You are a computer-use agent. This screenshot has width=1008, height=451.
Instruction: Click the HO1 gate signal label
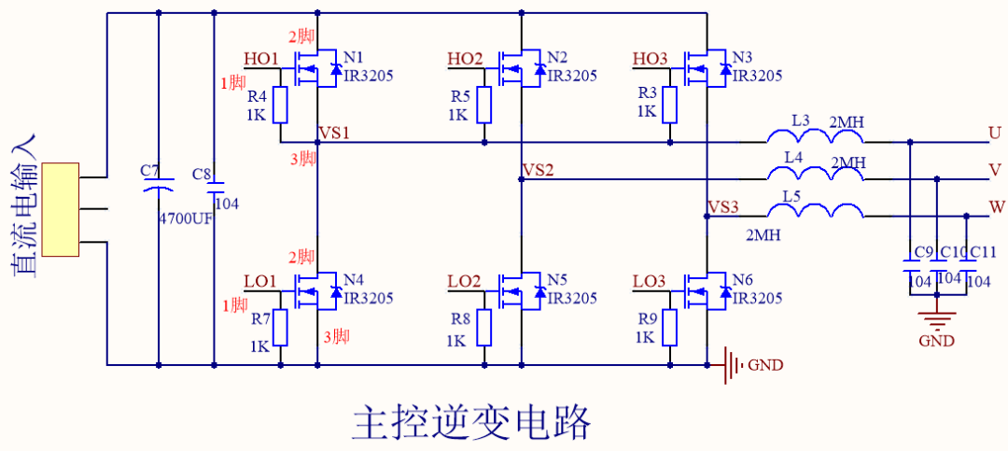261,60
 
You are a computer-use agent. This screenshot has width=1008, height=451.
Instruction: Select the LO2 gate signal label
464,281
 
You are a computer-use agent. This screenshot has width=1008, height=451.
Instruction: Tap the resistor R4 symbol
280,105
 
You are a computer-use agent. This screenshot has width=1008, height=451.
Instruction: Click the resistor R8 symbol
483,326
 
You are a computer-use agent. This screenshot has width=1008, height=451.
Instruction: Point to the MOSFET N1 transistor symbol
315,69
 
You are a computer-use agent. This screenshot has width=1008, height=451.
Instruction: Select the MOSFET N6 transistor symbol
705,291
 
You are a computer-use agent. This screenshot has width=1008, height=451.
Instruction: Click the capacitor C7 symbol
159,190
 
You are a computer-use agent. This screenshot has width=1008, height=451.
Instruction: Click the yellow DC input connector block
60,209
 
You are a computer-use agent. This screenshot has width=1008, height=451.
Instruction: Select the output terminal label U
994,134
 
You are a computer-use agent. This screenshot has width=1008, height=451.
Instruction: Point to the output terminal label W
995,206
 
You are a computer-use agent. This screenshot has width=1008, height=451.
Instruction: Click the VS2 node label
538,171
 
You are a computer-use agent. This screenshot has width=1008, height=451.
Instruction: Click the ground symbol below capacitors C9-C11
936,316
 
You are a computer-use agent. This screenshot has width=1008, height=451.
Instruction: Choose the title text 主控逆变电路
472,422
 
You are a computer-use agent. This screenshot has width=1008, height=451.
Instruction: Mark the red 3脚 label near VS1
302,159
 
